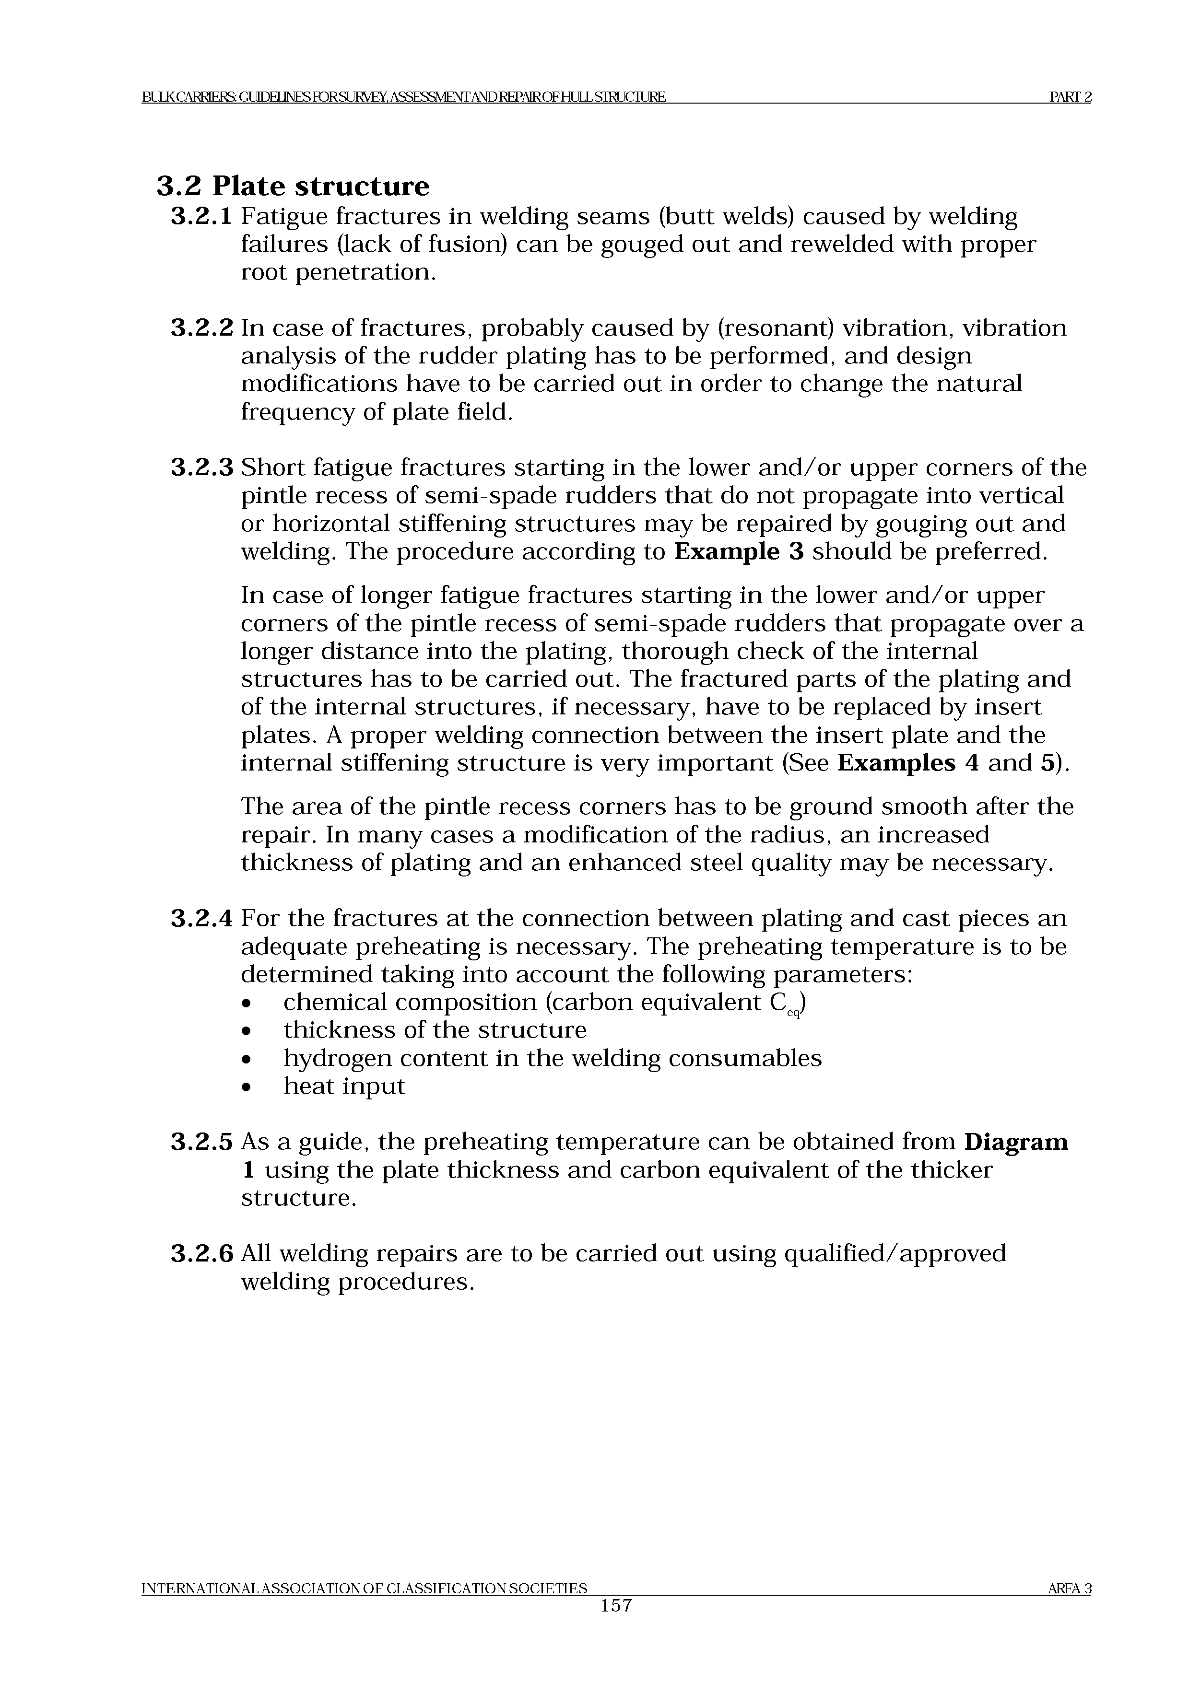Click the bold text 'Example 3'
pos(739,551)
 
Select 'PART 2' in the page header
pos(1071,97)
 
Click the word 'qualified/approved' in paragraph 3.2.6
pos(895,1254)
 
